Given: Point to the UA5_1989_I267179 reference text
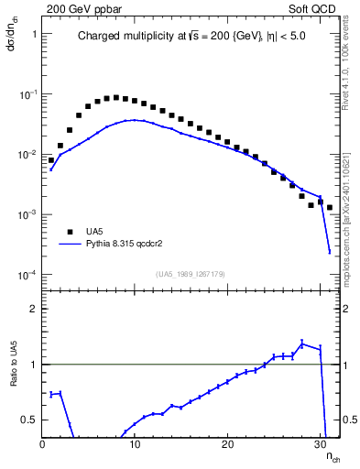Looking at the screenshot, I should [191, 274].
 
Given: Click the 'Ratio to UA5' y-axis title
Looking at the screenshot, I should [14, 376].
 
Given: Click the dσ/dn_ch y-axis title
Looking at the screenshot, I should [13, 38].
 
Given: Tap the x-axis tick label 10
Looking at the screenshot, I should [135, 444].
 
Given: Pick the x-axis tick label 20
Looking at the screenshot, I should [227, 444].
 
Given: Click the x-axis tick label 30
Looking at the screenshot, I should [320, 444].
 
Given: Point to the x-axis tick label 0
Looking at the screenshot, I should [43, 444].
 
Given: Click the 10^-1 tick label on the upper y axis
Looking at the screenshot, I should [27, 94].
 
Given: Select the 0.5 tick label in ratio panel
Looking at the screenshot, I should [28, 420].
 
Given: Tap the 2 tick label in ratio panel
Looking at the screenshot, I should [33, 309].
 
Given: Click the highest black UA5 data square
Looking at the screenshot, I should [115, 96].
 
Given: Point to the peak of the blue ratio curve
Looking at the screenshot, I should [302, 344].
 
